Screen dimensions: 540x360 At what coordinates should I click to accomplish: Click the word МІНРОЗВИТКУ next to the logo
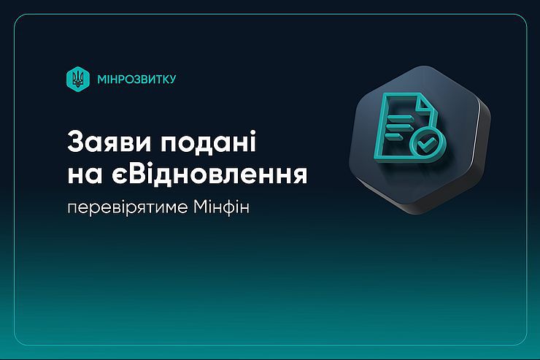[136, 80]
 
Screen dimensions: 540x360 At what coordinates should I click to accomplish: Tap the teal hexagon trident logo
[78, 79]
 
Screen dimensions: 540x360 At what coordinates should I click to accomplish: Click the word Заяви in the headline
[109, 141]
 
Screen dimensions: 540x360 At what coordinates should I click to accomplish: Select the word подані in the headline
[209, 142]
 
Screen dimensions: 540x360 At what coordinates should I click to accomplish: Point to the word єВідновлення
[209, 175]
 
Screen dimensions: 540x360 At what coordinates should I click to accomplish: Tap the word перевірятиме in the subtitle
[128, 208]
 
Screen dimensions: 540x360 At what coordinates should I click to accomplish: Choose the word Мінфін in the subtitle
[221, 207]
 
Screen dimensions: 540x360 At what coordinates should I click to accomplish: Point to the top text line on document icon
[399, 118]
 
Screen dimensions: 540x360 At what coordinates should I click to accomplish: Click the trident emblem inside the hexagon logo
[78, 79]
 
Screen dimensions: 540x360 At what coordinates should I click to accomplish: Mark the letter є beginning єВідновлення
[120, 176]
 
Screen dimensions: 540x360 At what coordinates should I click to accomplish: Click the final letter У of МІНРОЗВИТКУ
[171, 80]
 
